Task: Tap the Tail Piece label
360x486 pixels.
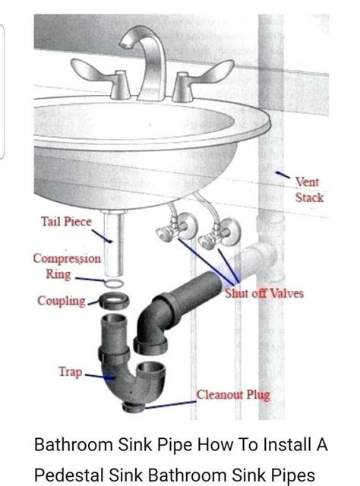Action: tap(66, 222)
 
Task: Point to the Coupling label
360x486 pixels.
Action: tap(62, 301)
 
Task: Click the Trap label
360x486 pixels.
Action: tap(71, 372)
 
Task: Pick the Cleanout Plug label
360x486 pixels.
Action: tap(233, 395)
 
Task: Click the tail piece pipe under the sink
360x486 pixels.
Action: tap(113, 243)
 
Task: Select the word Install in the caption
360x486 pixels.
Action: tap(272, 444)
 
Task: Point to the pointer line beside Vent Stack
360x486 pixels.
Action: tap(282, 176)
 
